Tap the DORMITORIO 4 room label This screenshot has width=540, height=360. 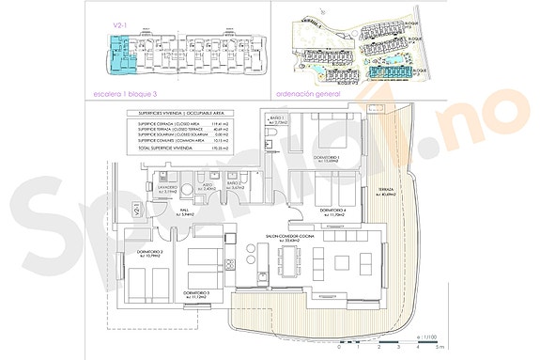click(x=334, y=210)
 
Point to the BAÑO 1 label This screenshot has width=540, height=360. click(x=276, y=119)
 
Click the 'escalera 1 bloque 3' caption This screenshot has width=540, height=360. click(x=126, y=94)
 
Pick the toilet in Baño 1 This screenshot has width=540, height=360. click(x=270, y=143)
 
